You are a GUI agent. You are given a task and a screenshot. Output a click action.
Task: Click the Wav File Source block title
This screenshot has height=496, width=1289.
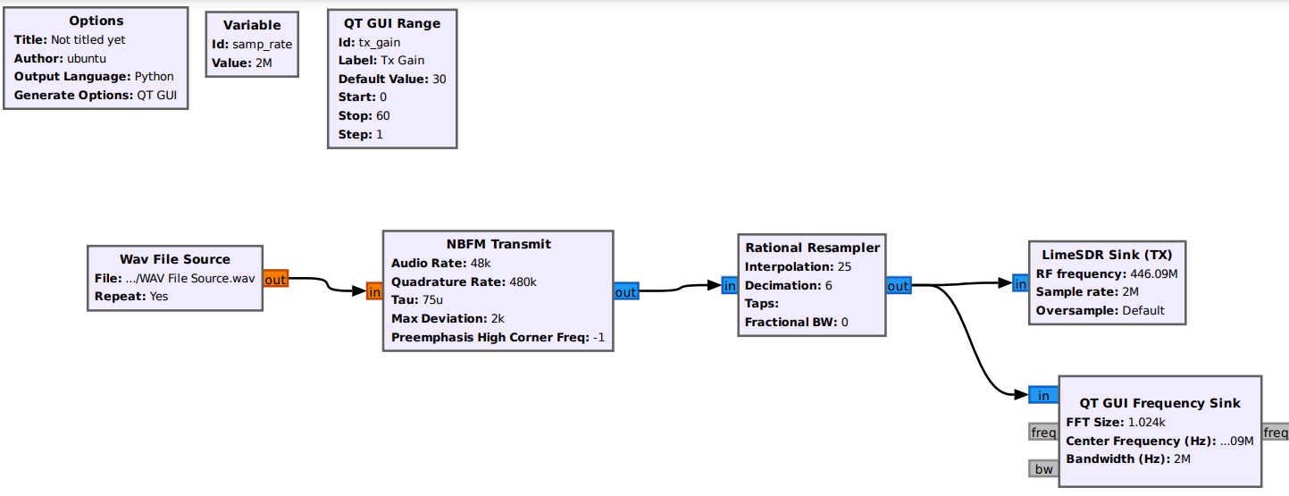(175, 259)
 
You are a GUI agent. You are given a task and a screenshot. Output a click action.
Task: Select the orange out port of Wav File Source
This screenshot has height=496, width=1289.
(275, 280)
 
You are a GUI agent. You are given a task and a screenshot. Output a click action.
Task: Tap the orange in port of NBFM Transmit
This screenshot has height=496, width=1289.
(374, 291)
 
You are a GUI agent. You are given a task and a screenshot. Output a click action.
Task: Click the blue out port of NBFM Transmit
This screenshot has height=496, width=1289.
(625, 292)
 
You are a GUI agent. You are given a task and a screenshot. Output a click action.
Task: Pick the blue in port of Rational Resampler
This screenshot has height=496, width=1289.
(729, 286)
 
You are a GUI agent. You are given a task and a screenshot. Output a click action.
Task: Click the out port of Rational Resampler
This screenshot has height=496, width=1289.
(898, 286)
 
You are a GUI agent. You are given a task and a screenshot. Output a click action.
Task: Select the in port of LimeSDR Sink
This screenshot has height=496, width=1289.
(1020, 284)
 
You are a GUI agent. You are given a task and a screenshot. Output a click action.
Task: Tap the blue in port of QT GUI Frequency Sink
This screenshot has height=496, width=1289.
(1042, 396)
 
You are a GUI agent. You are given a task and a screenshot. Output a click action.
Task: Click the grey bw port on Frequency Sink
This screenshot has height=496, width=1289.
(1043, 469)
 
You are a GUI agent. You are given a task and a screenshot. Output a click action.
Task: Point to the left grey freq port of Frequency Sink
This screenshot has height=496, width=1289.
(1042, 433)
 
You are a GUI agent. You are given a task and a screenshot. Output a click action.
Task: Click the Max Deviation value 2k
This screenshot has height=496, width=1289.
(498, 318)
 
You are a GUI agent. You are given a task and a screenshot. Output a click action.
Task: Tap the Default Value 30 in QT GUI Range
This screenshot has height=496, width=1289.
(439, 79)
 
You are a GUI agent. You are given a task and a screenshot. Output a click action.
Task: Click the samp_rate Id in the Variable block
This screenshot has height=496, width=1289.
(262, 44)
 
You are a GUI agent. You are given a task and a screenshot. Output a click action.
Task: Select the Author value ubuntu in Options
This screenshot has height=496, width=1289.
(87, 58)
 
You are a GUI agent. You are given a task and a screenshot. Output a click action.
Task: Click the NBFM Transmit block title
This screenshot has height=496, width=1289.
(498, 244)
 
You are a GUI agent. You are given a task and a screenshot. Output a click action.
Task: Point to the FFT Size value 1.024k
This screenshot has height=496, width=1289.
(1147, 422)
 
